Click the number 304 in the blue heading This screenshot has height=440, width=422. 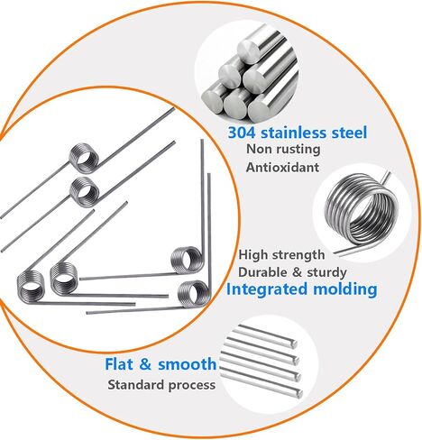click(x=242, y=133)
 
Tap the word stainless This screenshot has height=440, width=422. click(x=294, y=133)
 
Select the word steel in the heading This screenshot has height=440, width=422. click(x=349, y=133)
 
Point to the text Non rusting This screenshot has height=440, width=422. click(x=283, y=150)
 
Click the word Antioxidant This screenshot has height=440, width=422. click(x=282, y=168)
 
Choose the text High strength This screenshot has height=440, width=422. click(x=281, y=255)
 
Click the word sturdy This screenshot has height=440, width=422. click(x=326, y=273)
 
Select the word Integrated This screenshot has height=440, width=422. click(x=267, y=289)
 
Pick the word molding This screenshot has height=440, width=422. click(x=345, y=289)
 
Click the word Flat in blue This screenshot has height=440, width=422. click(x=118, y=364)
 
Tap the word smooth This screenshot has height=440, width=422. click(x=187, y=364)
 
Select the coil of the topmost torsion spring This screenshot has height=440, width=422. click(x=84, y=158)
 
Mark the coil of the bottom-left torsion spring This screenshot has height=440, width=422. click(x=30, y=286)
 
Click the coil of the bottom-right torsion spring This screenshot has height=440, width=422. click(x=194, y=294)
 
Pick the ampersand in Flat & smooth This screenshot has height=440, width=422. click(x=145, y=364)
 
